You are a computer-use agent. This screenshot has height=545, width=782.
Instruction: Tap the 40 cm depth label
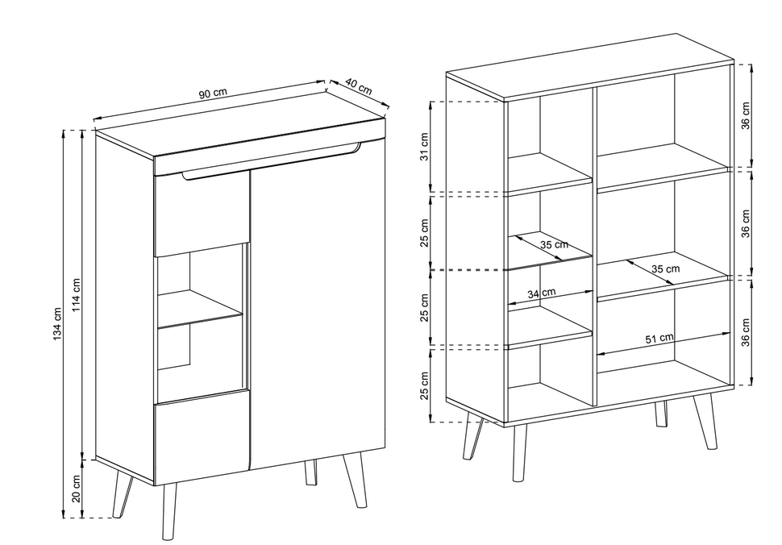(359, 86)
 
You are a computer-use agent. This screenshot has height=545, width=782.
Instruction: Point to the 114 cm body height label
(77, 295)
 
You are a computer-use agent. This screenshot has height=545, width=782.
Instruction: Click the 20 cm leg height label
(77, 489)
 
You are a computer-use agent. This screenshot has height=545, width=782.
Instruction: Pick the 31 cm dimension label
(424, 147)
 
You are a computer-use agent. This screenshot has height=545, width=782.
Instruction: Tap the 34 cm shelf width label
(542, 293)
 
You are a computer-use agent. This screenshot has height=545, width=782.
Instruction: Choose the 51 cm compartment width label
(659, 339)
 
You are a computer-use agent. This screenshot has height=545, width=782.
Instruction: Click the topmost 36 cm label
(745, 115)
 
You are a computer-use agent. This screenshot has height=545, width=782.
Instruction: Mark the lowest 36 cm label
(745, 333)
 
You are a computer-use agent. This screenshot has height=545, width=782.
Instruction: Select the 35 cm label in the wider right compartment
(665, 269)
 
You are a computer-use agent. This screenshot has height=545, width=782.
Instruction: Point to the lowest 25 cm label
(424, 385)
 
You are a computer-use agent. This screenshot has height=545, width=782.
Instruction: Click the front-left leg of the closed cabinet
(168, 511)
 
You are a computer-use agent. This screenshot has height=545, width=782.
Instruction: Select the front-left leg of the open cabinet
(519, 452)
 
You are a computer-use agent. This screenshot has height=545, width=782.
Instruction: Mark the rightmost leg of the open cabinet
(705, 422)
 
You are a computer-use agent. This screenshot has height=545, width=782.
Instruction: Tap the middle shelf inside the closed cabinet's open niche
(200, 309)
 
